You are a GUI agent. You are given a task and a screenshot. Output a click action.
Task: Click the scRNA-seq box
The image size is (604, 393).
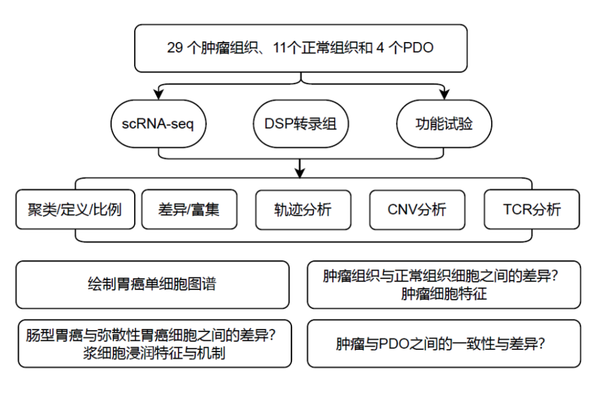click(158, 124)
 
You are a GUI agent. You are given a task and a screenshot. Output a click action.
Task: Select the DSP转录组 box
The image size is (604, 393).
click(300, 124)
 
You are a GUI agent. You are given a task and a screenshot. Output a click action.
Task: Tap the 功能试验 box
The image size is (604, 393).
click(444, 124)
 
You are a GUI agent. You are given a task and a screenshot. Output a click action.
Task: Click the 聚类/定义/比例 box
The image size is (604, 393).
click(75, 209)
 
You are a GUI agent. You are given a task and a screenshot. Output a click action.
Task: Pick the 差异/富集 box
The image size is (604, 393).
click(189, 209)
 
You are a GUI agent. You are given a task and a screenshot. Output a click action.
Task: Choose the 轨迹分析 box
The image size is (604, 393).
click(303, 209)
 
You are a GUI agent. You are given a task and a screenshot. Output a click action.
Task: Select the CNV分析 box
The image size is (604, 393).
click(417, 209)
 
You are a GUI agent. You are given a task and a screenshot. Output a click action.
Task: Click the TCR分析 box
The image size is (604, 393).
click(531, 209)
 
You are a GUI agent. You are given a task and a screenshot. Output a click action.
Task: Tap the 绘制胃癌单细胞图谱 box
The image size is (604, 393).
click(152, 284)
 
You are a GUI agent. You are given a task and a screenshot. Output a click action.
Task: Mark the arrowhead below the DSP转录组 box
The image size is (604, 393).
click(301, 171)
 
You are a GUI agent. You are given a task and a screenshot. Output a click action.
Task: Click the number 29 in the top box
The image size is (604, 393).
click(175, 48)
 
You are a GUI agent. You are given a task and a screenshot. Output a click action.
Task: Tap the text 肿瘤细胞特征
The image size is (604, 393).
click(443, 293)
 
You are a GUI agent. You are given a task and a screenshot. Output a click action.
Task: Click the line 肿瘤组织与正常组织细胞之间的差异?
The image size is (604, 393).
click(443, 277)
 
